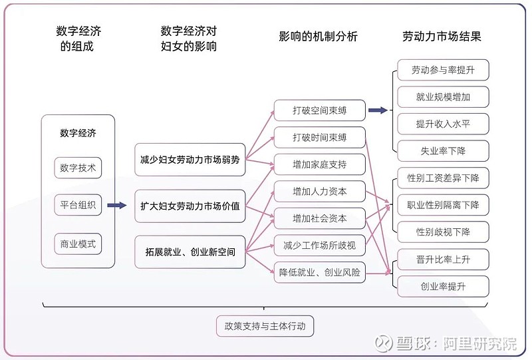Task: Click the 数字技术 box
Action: click(78, 168)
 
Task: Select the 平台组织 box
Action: click(78, 205)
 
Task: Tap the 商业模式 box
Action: click(78, 244)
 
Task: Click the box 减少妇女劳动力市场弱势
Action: click(190, 160)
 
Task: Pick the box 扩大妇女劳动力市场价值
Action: click(190, 206)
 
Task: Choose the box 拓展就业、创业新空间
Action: click(190, 252)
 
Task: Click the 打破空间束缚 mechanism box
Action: click(319, 110)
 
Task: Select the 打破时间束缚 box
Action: click(319, 137)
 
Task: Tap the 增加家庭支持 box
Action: click(319, 164)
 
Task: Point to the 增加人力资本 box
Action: click(319, 191)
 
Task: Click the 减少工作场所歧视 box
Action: click(319, 245)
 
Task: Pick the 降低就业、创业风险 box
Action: click(319, 272)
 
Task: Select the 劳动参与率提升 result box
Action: click(443, 70)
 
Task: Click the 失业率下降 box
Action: click(443, 150)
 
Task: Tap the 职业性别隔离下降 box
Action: click(443, 204)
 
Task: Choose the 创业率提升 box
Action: click(443, 286)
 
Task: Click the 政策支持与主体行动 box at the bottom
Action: click(265, 327)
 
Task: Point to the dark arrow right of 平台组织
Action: click(117, 206)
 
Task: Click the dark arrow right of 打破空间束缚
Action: click(378, 110)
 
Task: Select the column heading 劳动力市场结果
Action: click(442, 37)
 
